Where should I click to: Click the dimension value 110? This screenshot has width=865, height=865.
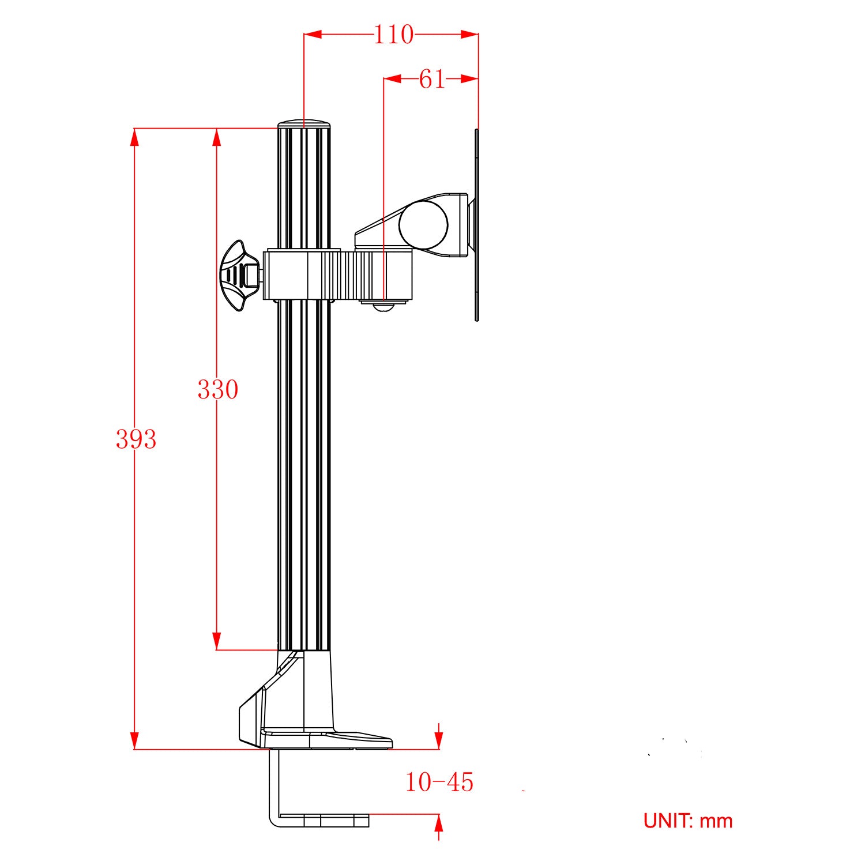[x=394, y=35]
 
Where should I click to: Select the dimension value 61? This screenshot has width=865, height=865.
[x=432, y=79]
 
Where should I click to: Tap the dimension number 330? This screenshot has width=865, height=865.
[x=217, y=390]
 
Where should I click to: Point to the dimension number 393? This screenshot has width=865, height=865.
[x=136, y=439]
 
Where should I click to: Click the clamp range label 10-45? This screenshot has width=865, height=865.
[x=439, y=783]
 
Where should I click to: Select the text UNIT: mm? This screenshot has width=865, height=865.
[x=688, y=821]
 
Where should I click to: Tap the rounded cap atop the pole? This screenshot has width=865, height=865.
[x=304, y=123]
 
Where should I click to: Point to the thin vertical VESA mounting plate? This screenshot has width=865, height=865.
[x=477, y=225]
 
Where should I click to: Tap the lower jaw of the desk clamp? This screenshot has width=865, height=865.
[x=319, y=819]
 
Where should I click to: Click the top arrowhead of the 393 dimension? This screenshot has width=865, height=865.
[x=134, y=136]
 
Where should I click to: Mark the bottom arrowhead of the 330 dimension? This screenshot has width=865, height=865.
[x=217, y=641]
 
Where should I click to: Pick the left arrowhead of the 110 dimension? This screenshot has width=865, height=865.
[x=313, y=35]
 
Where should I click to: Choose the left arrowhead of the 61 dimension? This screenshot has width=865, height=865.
[x=393, y=79]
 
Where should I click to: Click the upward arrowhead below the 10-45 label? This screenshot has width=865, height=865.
[x=439, y=823]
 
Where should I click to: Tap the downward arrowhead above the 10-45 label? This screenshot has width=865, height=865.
[x=439, y=740]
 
